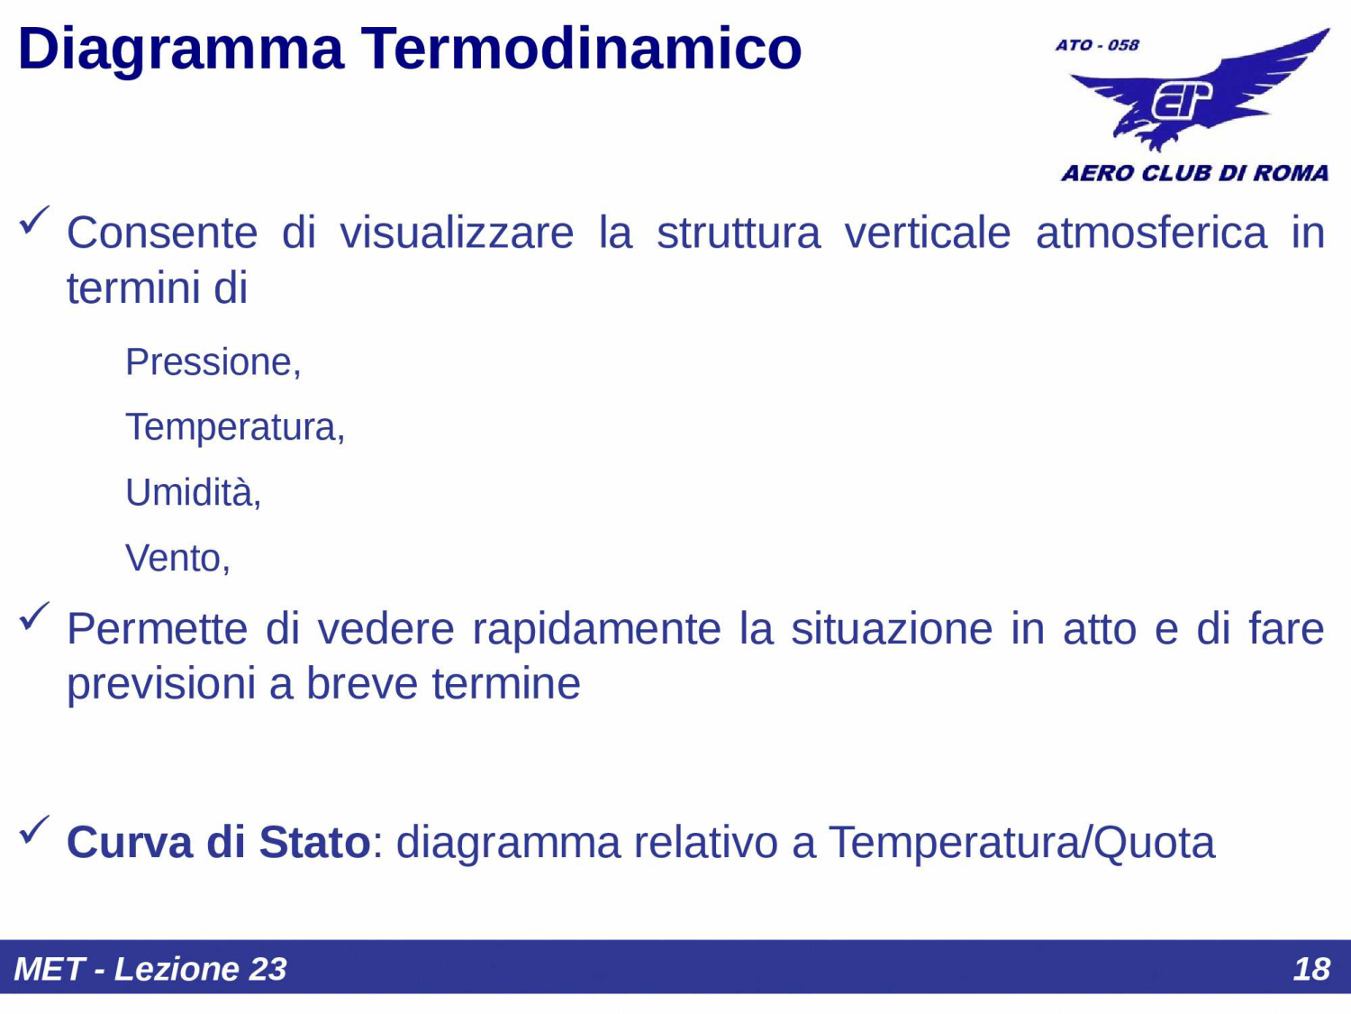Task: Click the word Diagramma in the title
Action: tap(180, 50)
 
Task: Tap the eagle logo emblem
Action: tap(1198, 95)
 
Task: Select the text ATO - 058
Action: tap(1097, 45)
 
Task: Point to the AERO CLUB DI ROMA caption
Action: tap(1194, 173)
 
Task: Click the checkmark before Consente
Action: tap(34, 220)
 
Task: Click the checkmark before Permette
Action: tap(34, 617)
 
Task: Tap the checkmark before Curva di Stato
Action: tap(34, 830)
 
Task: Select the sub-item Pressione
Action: tap(213, 362)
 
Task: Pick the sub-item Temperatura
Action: tap(234, 427)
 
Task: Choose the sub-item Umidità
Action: tap(193, 493)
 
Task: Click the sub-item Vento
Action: tap(177, 559)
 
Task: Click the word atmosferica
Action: tap(1150, 233)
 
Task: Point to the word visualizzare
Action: tap(457, 233)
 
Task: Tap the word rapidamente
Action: tap(596, 629)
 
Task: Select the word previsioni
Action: tap(161, 684)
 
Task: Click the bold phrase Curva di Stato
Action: tap(218, 843)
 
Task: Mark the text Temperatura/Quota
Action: tap(1021, 843)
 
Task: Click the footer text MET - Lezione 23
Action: tap(150, 969)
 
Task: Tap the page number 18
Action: tap(1311, 969)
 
